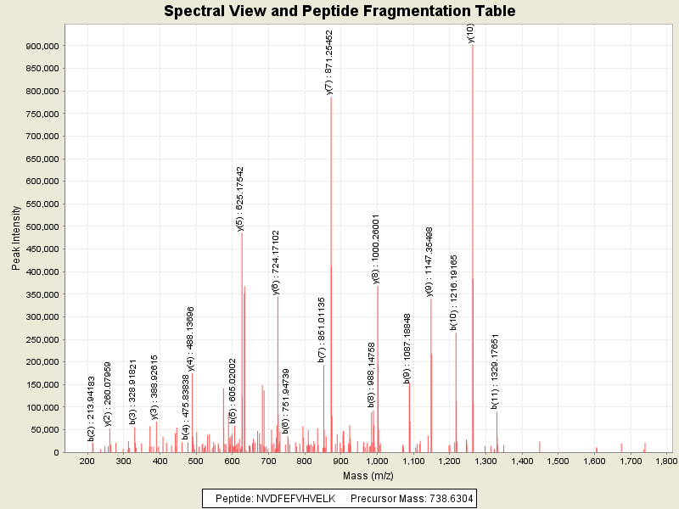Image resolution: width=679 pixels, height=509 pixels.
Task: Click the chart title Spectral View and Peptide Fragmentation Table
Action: pyautogui.click(x=339, y=11)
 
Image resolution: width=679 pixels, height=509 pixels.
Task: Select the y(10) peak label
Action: pyautogui.click(x=470, y=32)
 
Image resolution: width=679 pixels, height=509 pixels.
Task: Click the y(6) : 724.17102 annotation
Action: pyautogui.click(x=275, y=261)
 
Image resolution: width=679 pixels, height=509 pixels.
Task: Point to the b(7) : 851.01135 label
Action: pyautogui.click(x=322, y=330)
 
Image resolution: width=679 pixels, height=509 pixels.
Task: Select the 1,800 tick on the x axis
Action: pyautogui.click(x=666, y=461)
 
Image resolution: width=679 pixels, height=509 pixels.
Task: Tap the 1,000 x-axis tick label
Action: pyautogui.click(x=377, y=461)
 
